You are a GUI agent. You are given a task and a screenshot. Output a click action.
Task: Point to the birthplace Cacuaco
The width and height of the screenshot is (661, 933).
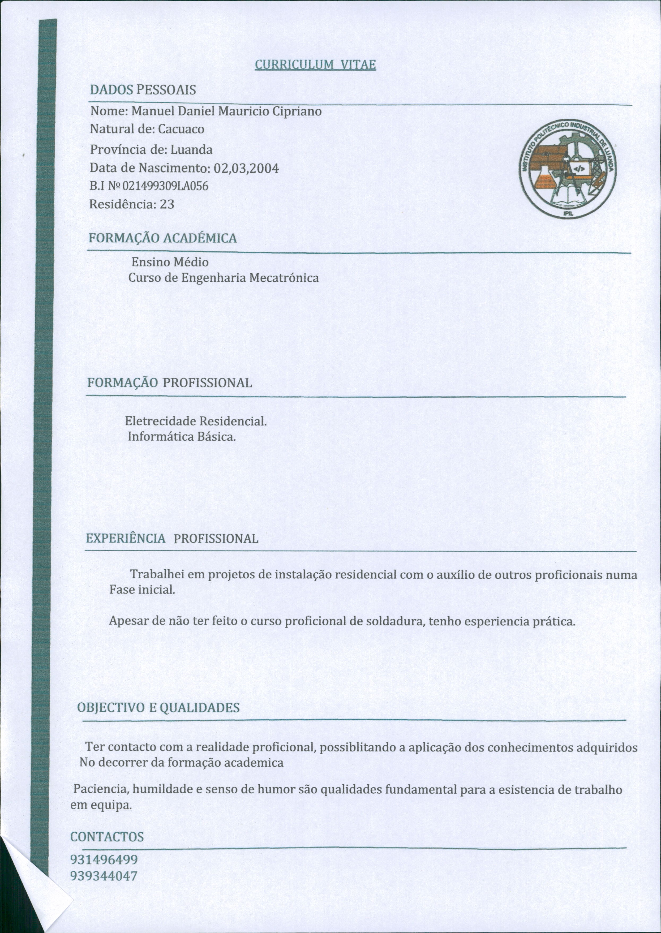click(x=181, y=129)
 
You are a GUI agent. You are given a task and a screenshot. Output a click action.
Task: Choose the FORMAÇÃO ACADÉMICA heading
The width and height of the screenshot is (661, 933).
click(x=163, y=238)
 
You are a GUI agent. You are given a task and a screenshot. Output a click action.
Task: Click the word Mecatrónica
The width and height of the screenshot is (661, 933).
click(x=284, y=278)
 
